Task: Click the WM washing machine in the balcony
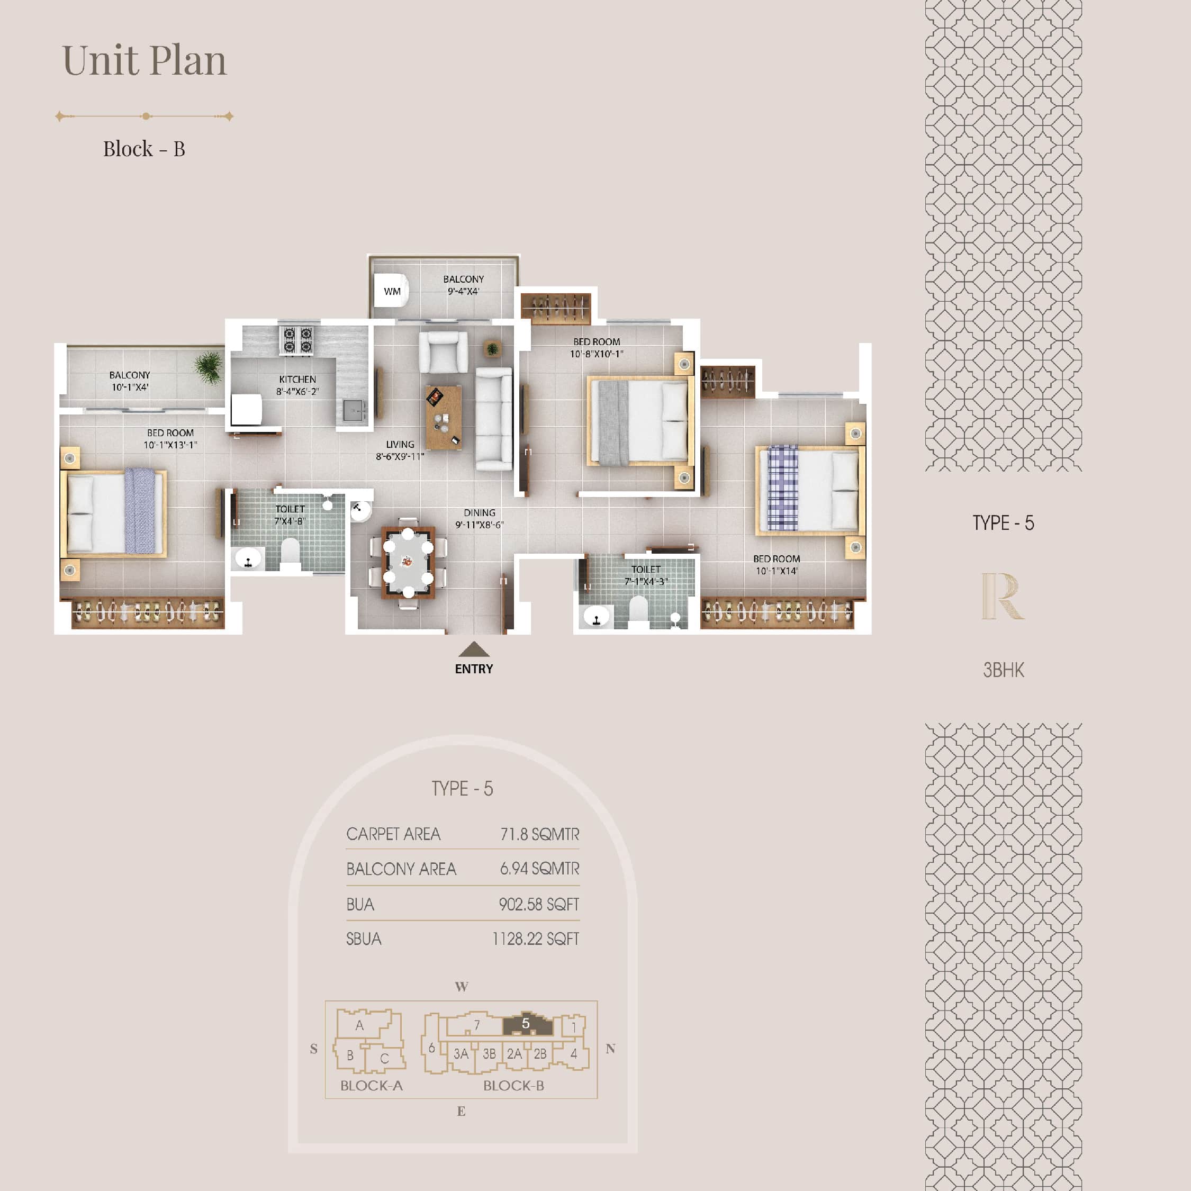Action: pos(392,291)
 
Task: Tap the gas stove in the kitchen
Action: pos(296,340)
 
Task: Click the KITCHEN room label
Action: pos(297,379)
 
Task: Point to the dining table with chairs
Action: pos(408,562)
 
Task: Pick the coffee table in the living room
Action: pos(443,417)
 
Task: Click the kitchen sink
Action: pos(354,409)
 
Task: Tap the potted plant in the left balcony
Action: pos(209,367)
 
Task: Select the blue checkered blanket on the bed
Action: pos(783,488)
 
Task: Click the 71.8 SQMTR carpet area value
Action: pos(539,834)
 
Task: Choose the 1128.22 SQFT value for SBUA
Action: pos(535,939)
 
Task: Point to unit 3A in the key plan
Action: pos(461,1053)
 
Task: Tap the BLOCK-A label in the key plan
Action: pos(371,1086)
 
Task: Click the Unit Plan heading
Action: pos(145,60)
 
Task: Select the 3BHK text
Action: pos(1003,670)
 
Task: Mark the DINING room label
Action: pos(479,512)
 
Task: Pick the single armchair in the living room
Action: pos(443,352)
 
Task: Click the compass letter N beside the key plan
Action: pos(610,1048)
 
